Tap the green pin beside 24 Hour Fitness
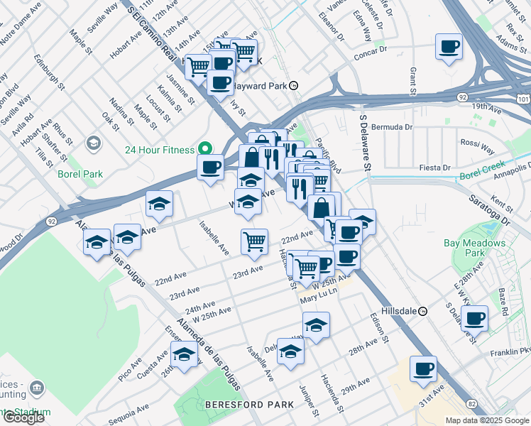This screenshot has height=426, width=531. [204, 149]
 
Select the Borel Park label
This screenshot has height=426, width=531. [81, 174]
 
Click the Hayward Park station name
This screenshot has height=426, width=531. [260, 85]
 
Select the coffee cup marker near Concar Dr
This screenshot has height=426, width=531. [448, 47]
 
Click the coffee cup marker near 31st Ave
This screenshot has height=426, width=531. [423, 368]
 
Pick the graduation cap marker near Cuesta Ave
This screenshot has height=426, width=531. [184, 354]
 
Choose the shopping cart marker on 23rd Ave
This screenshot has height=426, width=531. [253, 241]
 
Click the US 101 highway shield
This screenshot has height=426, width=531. [524, 100]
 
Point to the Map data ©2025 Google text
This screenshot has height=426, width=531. [486, 420]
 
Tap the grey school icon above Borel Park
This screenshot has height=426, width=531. [93, 144]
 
